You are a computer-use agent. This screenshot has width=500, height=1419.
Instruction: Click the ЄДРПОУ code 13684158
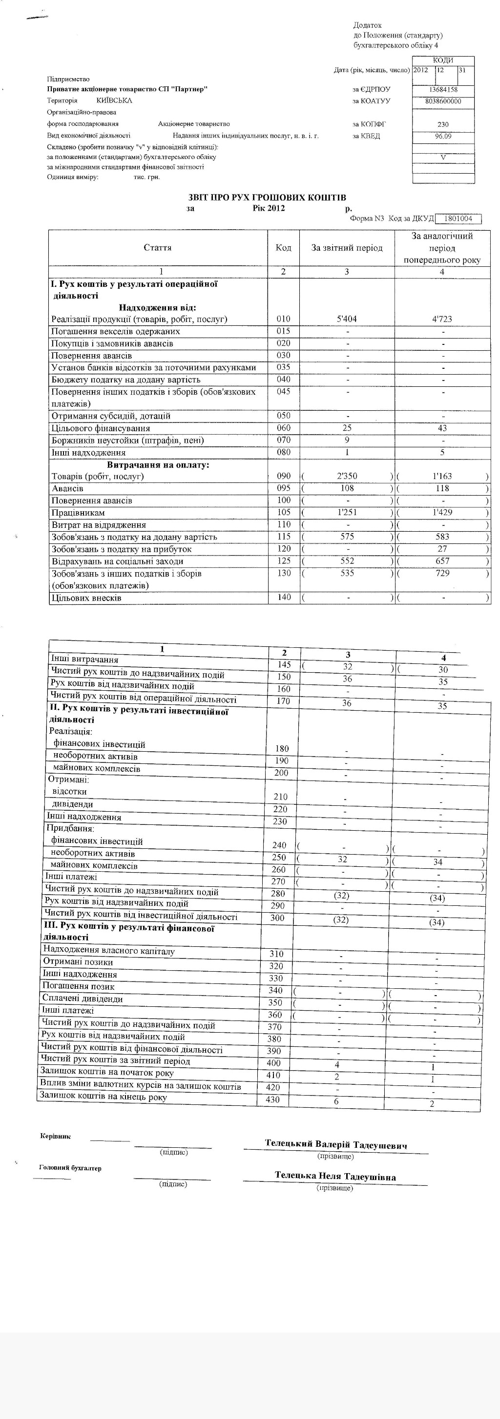tap(443, 90)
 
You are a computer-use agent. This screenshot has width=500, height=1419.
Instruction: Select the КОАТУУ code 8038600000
tap(443, 101)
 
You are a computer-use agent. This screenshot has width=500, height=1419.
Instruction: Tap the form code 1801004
tap(458, 219)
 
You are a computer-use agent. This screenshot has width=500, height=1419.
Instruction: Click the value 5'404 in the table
tap(347, 319)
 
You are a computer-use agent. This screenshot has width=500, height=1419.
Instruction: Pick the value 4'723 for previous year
tap(442, 319)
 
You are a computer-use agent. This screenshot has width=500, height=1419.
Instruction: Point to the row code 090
tap(283, 476)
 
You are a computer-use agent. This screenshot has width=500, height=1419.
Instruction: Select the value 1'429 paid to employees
tap(442, 512)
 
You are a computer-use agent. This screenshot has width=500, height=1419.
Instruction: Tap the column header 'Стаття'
tap(158, 248)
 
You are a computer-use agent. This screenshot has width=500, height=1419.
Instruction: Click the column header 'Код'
tap(283, 248)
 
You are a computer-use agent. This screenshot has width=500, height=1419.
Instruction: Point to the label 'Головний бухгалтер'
tap(71, 1167)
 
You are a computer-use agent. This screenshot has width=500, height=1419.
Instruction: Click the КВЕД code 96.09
tap(443, 136)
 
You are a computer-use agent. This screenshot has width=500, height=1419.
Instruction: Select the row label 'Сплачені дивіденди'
tap(83, 999)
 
